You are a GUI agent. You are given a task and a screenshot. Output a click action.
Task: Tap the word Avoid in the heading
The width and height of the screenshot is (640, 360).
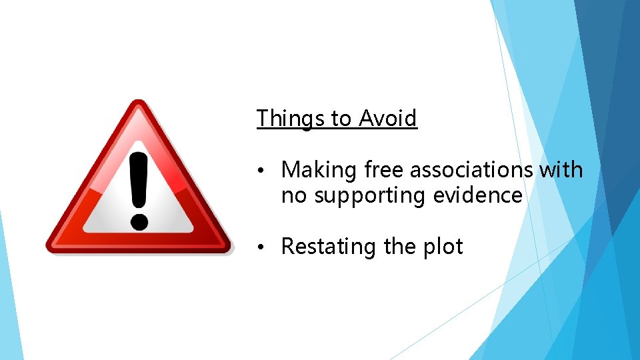388,119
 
